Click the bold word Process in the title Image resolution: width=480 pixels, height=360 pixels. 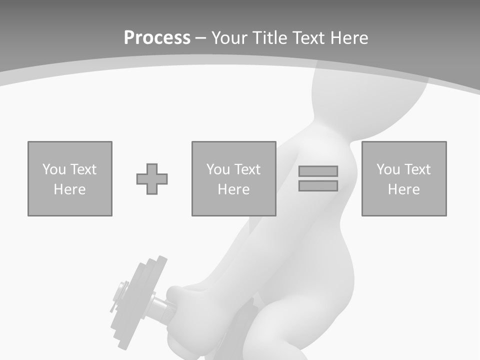tap(157, 38)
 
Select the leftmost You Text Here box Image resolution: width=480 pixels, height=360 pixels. tap(70, 178)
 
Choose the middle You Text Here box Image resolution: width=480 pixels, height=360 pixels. tap(233, 178)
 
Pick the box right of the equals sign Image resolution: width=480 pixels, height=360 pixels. tap(403, 178)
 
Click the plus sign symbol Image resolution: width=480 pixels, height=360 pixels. tap(152, 179)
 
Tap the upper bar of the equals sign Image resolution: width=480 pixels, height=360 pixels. tap(318, 171)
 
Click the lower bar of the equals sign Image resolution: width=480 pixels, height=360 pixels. tap(318, 186)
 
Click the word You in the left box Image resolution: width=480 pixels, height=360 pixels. tap(54, 169)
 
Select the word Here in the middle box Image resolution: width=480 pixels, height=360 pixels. tap(233, 189)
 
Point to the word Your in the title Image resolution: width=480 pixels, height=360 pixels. tap(231, 38)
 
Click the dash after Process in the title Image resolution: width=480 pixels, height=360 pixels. tap(200, 38)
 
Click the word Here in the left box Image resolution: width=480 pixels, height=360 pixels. tap(70, 189)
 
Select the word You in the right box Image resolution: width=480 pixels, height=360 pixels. tap(388, 169)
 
